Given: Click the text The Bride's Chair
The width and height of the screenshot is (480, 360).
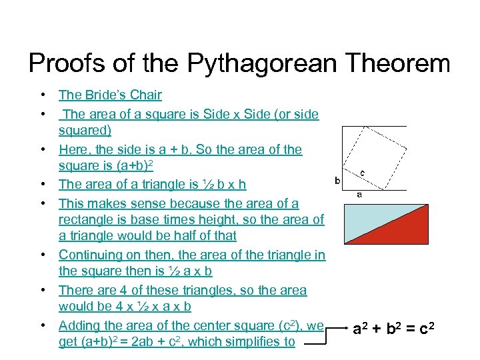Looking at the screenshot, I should click(x=110, y=95).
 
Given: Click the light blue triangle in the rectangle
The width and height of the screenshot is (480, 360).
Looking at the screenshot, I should click(x=367, y=220).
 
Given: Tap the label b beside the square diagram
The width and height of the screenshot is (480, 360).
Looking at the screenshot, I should click(x=337, y=181).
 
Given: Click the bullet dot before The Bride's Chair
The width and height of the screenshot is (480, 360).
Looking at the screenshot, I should click(x=42, y=95).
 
